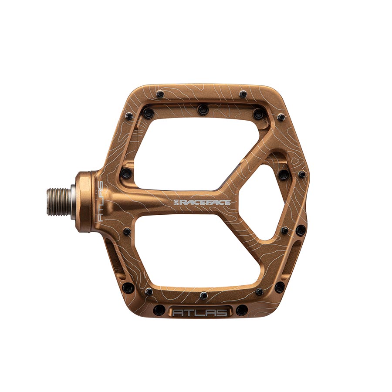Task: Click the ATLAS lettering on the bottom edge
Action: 200,312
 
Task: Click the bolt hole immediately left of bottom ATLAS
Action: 159,311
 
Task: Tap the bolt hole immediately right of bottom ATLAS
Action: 242,311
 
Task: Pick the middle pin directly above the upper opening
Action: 203,110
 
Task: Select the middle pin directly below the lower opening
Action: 203,296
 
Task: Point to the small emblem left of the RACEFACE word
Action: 176,203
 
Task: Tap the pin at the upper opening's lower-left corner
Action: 126,173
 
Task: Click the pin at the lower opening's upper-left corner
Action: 127,231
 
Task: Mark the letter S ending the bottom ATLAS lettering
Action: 223,312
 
